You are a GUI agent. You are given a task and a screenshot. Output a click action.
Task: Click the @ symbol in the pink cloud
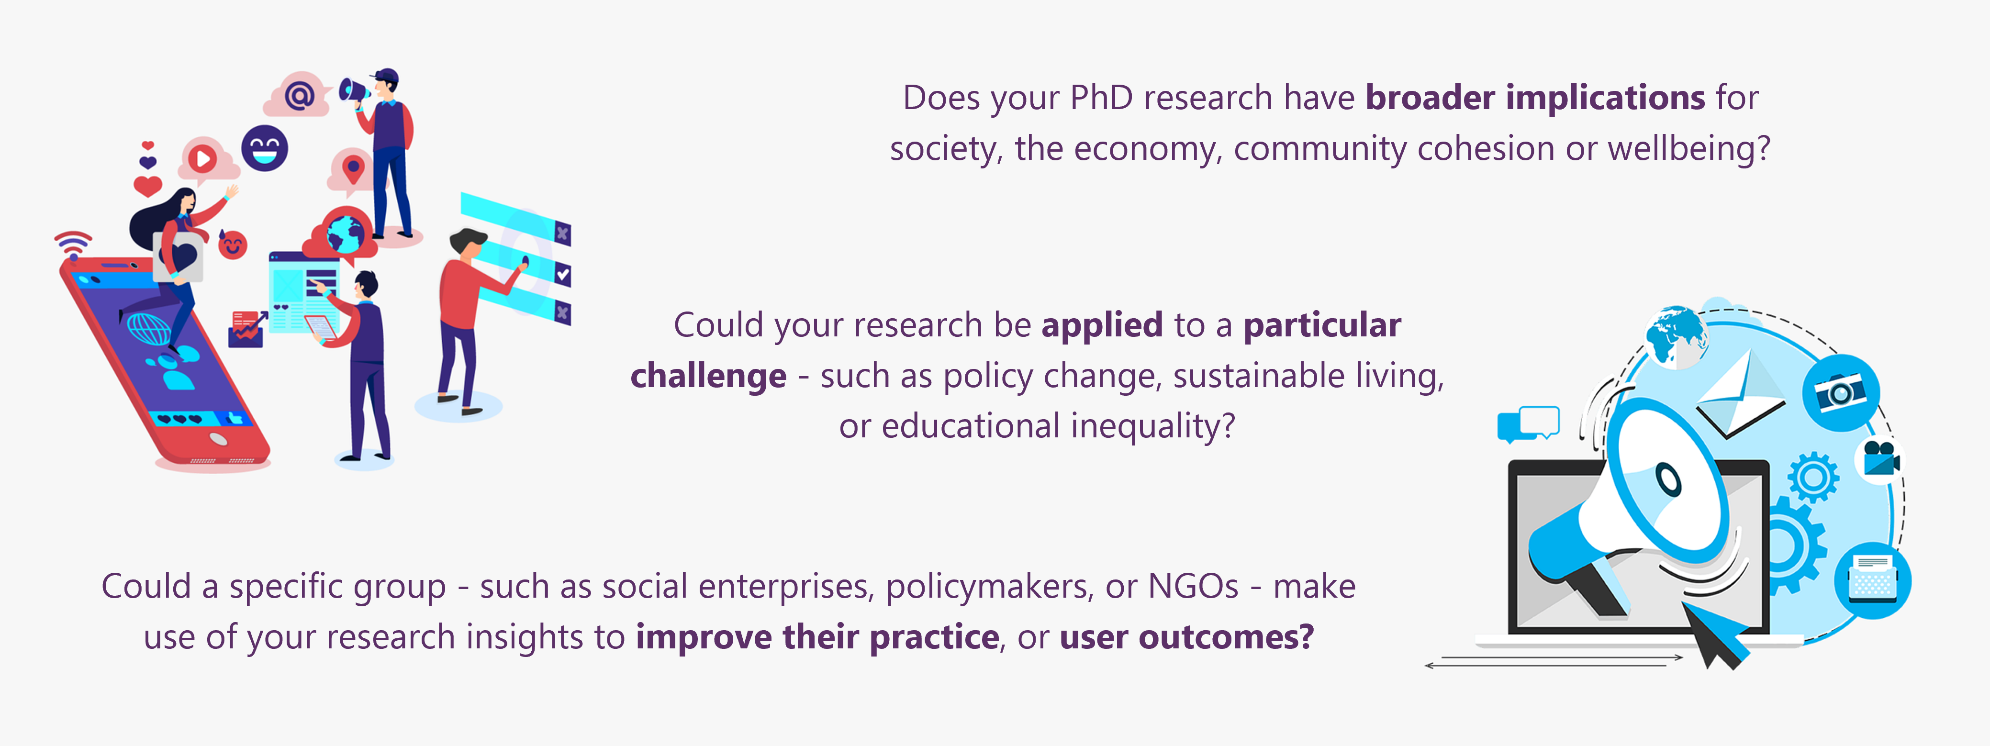click(x=299, y=96)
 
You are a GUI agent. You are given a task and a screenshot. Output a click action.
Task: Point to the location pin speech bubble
click(x=352, y=169)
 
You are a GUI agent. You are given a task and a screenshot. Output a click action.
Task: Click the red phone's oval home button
click(x=219, y=439)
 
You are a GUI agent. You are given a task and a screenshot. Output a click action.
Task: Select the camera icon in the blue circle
click(x=1841, y=392)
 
